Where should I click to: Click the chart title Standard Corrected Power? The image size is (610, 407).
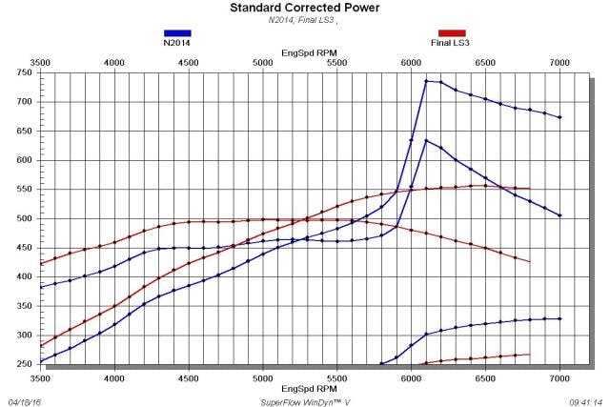click(x=304, y=8)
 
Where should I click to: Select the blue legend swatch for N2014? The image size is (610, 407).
click(x=178, y=32)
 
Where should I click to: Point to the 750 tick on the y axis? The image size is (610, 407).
click(x=21, y=72)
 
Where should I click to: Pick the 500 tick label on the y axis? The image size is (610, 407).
click(x=21, y=218)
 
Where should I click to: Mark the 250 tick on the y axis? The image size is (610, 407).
click(x=21, y=364)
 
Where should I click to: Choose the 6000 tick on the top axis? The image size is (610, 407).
click(x=411, y=62)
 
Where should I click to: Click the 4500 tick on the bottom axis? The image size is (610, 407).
click(x=189, y=379)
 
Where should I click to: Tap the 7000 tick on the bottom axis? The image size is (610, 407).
click(x=559, y=379)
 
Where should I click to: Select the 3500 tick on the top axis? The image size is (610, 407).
click(x=40, y=62)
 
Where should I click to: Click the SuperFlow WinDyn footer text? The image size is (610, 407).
click(x=305, y=401)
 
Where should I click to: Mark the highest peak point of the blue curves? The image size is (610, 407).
click(x=426, y=81)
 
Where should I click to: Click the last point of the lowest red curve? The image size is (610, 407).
click(x=529, y=355)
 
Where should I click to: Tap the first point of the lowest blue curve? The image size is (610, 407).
click(x=381, y=363)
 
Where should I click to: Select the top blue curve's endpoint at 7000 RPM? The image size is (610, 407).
click(x=559, y=117)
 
